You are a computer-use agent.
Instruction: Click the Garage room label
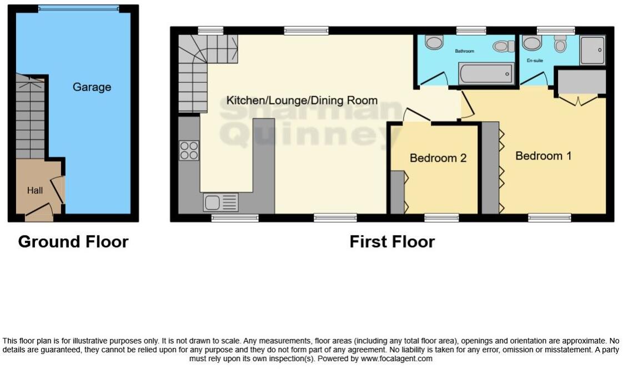click(x=92, y=87)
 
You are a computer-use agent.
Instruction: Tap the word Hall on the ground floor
click(x=35, y=191)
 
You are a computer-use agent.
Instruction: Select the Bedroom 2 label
click(x=438, y=158)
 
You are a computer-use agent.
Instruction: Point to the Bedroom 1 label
click(x=542, y=156)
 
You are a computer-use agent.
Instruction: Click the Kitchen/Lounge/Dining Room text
click(x=302, y=101)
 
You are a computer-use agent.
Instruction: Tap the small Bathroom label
click(x=464, y=51)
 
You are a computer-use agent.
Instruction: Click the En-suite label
click(x=534, y=60)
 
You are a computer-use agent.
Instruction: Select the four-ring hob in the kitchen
click(x=189, y=151)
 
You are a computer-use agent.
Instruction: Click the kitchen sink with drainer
click(x=220, y=201)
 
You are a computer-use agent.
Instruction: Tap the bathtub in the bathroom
click(x=485, y=73)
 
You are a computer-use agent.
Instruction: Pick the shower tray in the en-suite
click(x=592, y=50)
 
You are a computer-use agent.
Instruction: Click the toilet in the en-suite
click(x=560, y=43)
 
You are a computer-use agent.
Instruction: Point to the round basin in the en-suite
click(x=531, y=43)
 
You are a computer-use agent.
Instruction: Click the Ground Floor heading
click(x=73, y=242)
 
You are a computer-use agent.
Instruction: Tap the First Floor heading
click(x=391, y=242)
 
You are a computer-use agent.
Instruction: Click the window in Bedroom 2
click(x=441, y=218)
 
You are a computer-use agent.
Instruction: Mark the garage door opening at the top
click(x=78, y=8)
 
